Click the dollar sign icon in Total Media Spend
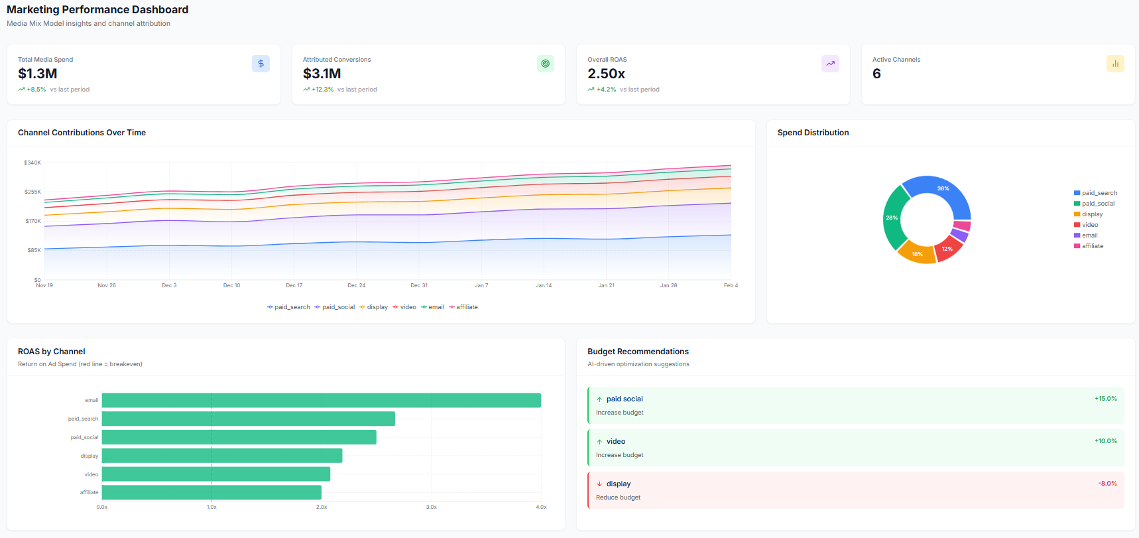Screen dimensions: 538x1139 [x=261, y=64]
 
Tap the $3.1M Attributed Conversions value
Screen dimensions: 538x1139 [x=322, y=74]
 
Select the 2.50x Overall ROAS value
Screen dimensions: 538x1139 [x=606, y=74]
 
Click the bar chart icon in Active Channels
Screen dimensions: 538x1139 [x=1115, y=64]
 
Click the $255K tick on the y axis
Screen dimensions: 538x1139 [x=32, y=192]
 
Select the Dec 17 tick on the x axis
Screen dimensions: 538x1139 [x=294, y=285]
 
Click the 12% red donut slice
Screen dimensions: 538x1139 [x=947, y=249]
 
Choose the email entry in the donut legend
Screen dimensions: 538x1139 [x=1089, y=235]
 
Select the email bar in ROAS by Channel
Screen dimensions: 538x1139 [x=321, y=400]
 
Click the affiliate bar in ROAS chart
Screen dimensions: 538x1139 [x=211, y=492]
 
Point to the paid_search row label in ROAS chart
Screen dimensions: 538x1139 [x=83, y=419]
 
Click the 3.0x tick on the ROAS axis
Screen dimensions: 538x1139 [x=431, y=507]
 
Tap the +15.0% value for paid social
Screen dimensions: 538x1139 [x=1105, y=399]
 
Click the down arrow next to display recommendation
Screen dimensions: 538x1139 [x=599, y=484]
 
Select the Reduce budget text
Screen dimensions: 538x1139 [x=618, y=498]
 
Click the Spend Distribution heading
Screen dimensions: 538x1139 [x=813, y=133]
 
